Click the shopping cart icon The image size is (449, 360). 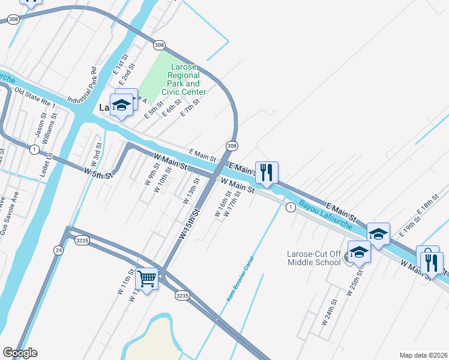click(x=147, y=278)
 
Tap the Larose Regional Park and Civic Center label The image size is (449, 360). click(x=184, y=79)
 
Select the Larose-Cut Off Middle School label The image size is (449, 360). click(x=314, y=258)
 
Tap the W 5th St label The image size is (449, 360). click(x=98, y=173)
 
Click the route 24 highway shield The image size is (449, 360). click(x=58, y=251)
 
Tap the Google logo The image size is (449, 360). click(x=20, y=353)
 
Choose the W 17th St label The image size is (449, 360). click(x=235, y=206)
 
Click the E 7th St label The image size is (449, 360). click(x=190, y=109)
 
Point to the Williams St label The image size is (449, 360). click(x=53, y=131)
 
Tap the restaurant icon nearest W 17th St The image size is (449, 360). click(x=265, y=172)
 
